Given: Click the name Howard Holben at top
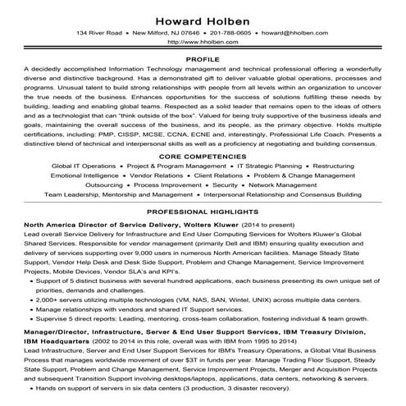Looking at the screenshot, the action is tap(202, 16).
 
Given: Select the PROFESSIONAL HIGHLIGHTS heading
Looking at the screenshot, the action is tap(202, 212).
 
